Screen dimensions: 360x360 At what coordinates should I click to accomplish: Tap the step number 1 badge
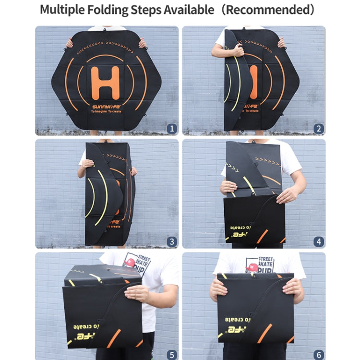[x=172, y=129]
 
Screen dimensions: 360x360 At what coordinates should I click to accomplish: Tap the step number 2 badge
[x=319, y=129]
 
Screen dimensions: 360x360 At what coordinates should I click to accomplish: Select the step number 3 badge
[x=172, y=241]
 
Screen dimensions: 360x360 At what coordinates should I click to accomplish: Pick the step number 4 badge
[x=319, y=241]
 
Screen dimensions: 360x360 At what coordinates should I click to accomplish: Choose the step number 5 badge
[x=172, y=354]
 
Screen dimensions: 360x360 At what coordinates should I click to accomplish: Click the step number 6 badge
[x=319, y=354]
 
